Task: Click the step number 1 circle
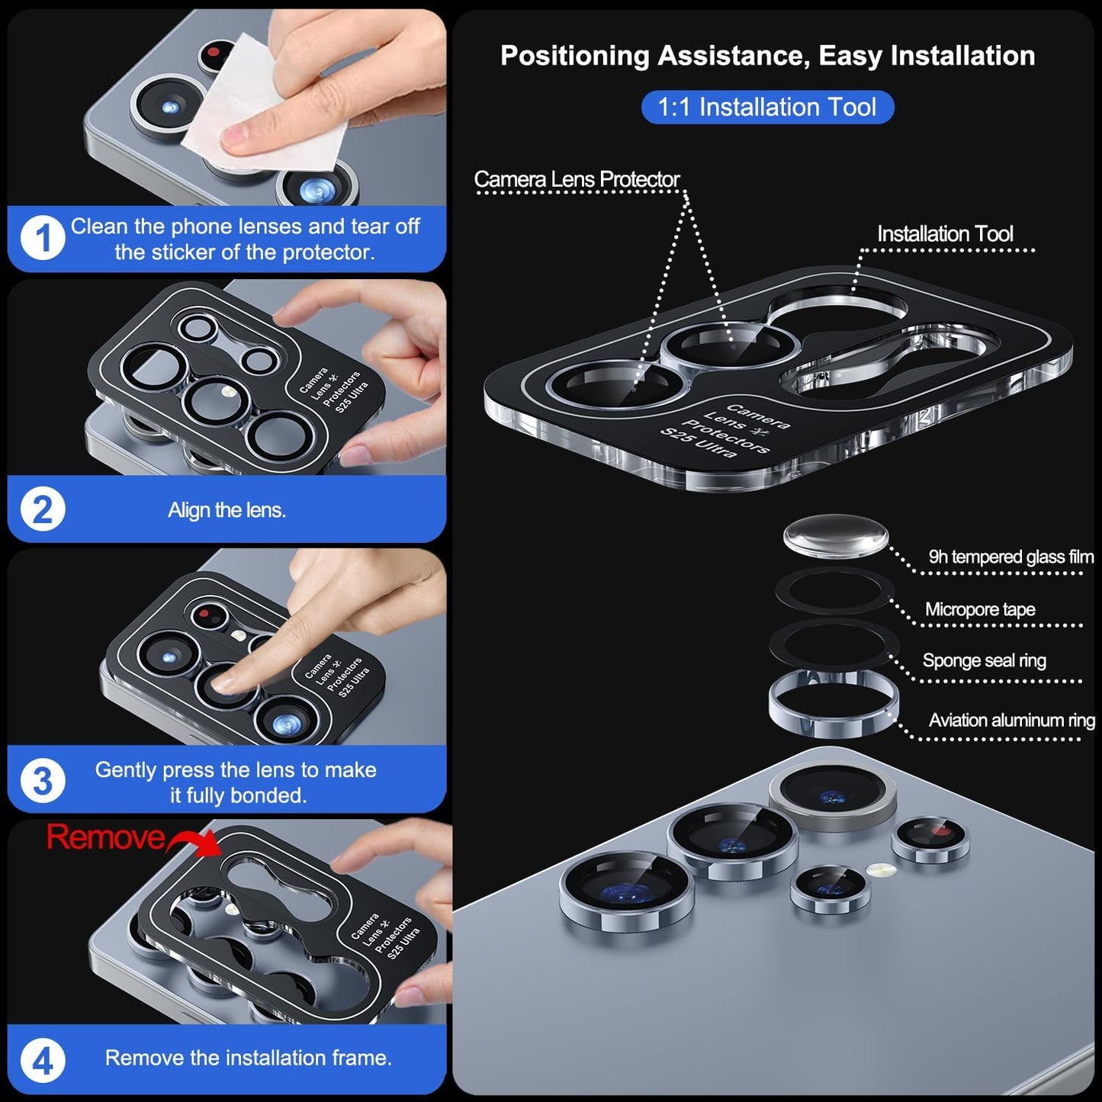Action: (43, 239)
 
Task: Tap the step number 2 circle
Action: (43, 509)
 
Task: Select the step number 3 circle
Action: (43, 781)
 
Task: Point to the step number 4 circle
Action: (43, 1061)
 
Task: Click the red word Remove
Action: (105, 837)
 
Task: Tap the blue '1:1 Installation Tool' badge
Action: (766, 107)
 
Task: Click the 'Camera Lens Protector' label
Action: (577, 180)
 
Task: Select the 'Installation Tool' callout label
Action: (944, 234)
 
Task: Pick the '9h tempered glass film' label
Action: (1010, 557)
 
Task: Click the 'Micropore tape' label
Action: (980, 609)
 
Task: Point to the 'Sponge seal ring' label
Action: (984, 660)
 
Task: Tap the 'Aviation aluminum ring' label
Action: (1011, 720)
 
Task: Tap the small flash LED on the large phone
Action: (880, 869)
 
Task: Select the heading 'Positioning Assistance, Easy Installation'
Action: (767, 56)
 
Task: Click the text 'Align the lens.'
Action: (227, 510)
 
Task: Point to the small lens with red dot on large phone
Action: (930, 839)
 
